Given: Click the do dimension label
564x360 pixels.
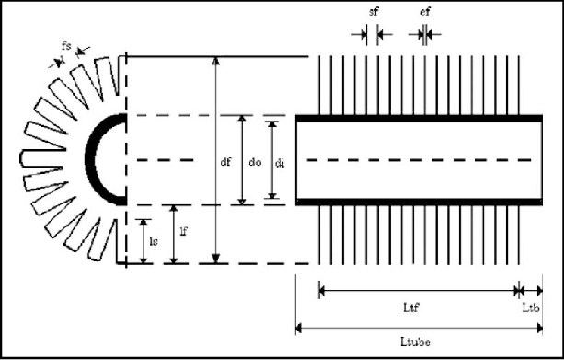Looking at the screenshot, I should (x=255, y=162).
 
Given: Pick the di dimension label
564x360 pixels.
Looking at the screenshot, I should (x=281, y=162).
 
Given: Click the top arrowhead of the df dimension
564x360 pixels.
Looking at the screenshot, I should (x=216, y=61).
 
